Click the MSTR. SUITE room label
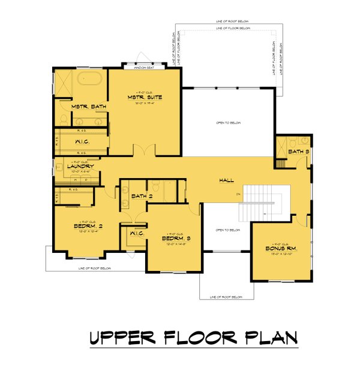tap(145, 96)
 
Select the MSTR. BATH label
tap(88, 107)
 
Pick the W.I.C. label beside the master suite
tap(82, 141)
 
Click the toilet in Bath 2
tap(154, 186)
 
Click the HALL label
tap(226, 180)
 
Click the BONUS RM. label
tap(280, 248)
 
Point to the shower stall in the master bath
tap(64, 82)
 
